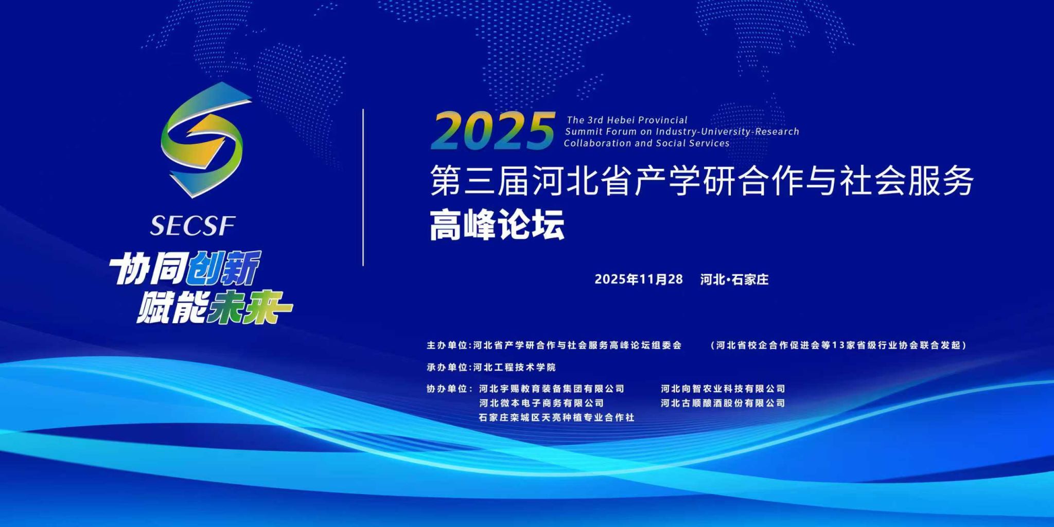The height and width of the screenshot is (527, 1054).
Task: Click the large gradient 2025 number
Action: point(494,131)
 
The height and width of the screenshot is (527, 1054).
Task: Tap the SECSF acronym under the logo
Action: point(193,225)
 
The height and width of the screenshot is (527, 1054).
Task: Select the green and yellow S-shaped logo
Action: point(202,140)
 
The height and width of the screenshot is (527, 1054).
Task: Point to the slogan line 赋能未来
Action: point(214,307)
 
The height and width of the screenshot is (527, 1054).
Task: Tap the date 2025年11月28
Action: point(639,279)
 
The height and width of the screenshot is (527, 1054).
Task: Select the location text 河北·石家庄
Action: point(734,279)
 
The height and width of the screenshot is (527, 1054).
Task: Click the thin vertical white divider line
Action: point(363,187)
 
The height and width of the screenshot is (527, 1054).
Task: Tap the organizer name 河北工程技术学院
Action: point(515,367)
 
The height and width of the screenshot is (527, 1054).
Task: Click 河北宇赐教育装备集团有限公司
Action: point(552,389)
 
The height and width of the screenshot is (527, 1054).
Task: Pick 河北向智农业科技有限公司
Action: point(723,389)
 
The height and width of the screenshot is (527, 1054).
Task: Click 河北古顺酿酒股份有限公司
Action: point(723,403)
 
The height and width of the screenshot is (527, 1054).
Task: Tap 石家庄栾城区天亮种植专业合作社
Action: point(557,417)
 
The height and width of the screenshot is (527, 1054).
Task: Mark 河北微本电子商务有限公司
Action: point(541,403)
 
